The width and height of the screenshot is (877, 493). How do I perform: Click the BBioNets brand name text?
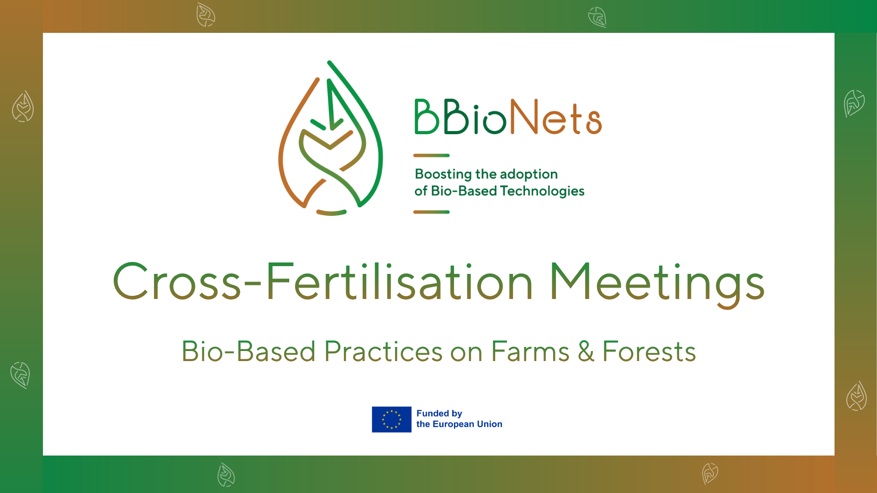(508, 117)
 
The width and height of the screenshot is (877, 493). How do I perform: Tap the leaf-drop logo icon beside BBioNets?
(331, 139)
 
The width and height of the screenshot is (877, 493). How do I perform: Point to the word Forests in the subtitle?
(649, 351)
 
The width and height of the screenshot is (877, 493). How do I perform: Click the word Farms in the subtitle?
(530, 351)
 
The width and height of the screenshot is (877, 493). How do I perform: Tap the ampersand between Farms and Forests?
(586, 351)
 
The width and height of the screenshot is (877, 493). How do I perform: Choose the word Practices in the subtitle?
(384, 351)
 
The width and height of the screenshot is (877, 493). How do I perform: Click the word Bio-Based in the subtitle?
(248, 351)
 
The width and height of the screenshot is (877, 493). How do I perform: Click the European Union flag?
(391, 420)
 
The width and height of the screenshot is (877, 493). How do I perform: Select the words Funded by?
(439, 413)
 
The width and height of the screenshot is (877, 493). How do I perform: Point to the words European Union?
(467, 424)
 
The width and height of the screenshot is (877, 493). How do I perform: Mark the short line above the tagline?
(431, 156)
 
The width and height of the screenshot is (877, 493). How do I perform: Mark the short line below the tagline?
(431, 212)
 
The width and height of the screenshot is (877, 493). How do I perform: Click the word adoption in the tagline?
(528, 174)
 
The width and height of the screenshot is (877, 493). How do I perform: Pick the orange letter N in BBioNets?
(524, 117)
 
